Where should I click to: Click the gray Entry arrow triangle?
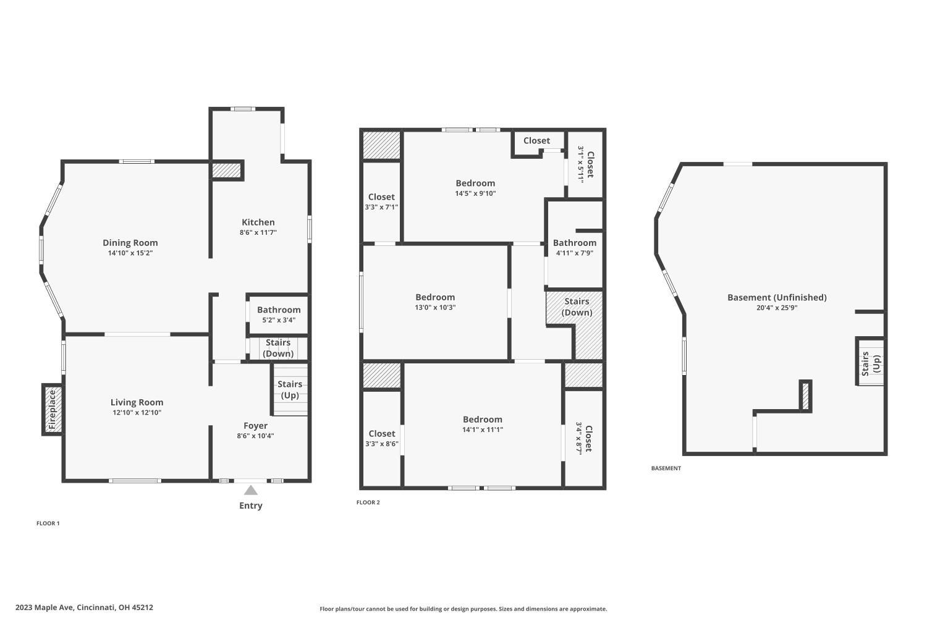pos(250,490)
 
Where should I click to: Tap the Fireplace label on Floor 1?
pos(53,409)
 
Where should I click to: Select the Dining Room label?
pos(130,243)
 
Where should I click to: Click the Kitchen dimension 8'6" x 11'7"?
pos(258,232)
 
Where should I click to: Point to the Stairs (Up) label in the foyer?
pos(290,389)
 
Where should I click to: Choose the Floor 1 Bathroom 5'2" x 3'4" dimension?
pos(279,320)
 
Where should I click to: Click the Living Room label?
pos(137,402)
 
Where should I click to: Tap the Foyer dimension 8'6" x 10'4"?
pos(255,436)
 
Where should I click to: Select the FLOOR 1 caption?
pos(48,523)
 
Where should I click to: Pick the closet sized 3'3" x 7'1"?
pos(381,202)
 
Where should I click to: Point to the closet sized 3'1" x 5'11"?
pos(585,164)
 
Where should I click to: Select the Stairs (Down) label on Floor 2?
pos(577,307)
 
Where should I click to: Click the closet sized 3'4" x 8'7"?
pos(584,438)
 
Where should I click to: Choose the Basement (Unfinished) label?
pos(777,297)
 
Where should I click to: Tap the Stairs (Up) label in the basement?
pos(871,363)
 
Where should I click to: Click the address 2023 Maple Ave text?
pos(84,607)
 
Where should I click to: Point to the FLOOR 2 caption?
pos(368,502)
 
